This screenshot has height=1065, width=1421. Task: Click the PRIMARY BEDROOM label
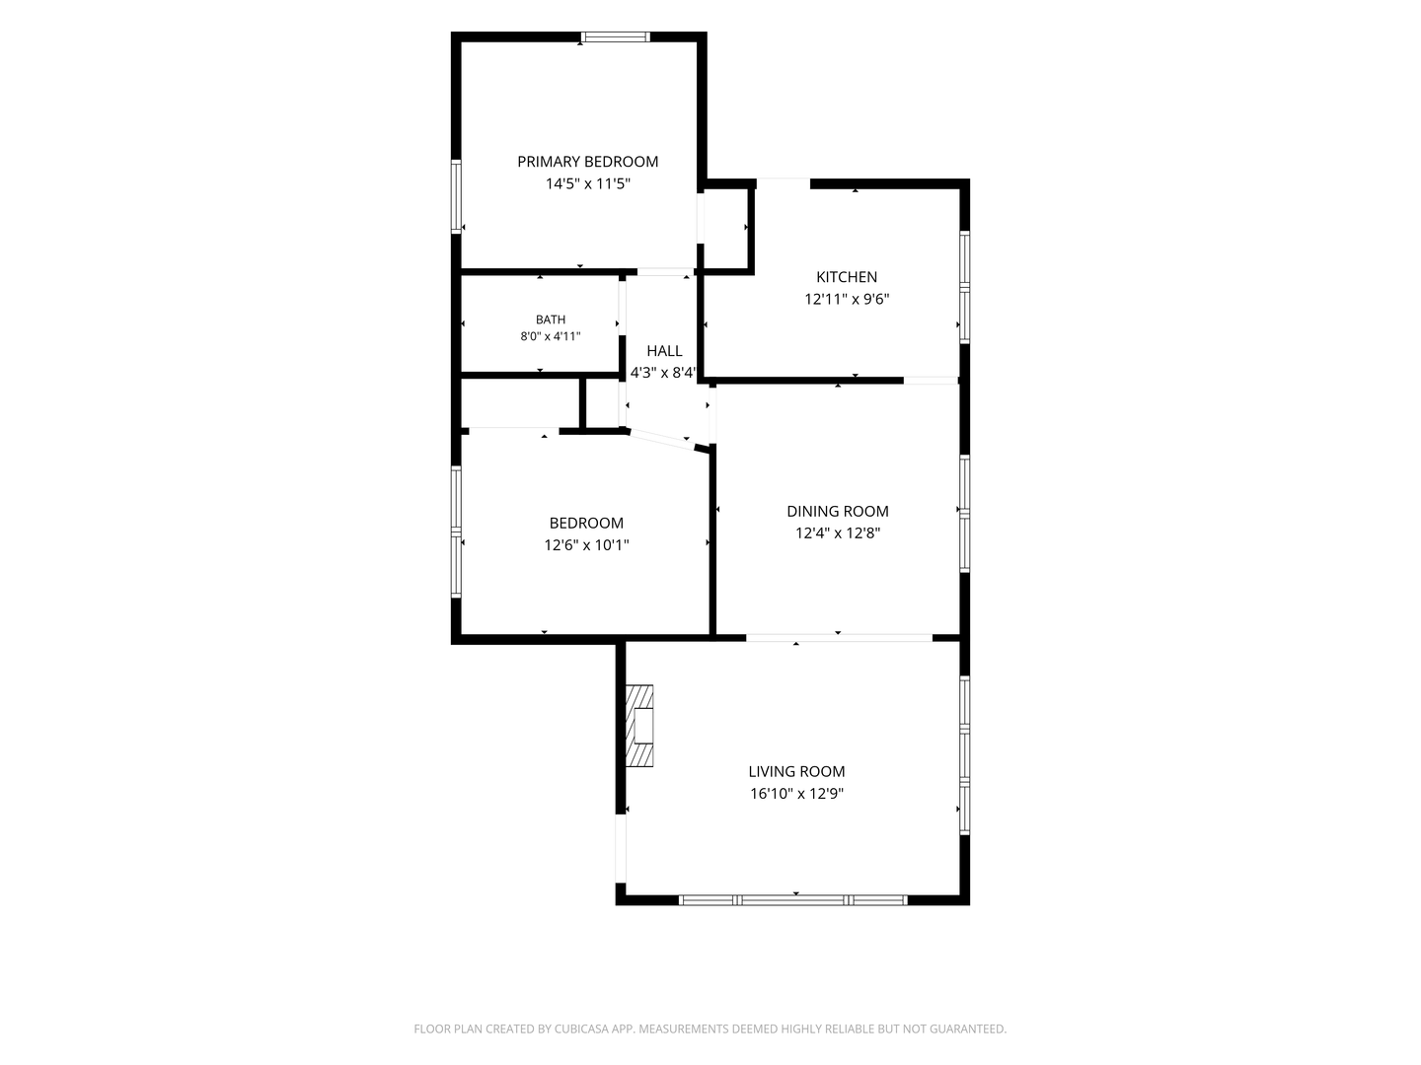point(587,162)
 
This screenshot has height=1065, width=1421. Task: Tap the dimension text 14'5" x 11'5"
point(587,183)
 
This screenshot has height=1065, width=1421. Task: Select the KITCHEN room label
point(846,277)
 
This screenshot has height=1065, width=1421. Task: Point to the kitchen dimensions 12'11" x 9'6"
point(846,299)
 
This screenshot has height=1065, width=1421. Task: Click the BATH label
point(551,319)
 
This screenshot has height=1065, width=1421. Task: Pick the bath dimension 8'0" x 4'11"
point(551,336)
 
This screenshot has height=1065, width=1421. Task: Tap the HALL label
point(664,350)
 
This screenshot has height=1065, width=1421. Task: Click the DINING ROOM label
point(837,511)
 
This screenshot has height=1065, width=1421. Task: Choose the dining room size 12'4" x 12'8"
point(837,532)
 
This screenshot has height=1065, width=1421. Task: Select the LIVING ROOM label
point(796,771)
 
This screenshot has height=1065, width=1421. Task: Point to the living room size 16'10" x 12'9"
point(796,793)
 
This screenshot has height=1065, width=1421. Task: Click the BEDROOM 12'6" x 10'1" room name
point(586,523)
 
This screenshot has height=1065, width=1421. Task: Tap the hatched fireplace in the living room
point(639,726)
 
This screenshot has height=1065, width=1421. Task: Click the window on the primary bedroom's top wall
point(615,36)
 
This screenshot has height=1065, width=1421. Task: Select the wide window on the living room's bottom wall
point(793,899)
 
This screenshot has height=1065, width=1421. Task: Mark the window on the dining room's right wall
point(964,514)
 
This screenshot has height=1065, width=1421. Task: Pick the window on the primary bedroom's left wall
point(456,196)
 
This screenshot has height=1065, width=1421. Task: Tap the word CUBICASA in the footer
point(581,1029)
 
